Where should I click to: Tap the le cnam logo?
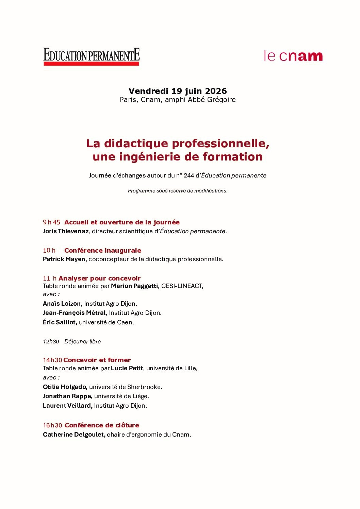coord(293,56)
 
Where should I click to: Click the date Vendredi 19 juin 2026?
coord(178,91)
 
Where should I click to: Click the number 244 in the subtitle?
coord(189,176)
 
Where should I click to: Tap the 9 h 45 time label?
coord(51,222)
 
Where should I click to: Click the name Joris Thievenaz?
coord(66,231)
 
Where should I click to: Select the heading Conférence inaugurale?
coord(103,251)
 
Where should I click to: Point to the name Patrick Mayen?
coord(64,259)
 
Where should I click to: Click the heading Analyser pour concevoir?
coord(99,278)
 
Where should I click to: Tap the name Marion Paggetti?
coord(134,286)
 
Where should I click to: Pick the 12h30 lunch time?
coord(51,342)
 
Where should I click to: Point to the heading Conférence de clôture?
coord(102,425)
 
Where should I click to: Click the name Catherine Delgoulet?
coord(74,435)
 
